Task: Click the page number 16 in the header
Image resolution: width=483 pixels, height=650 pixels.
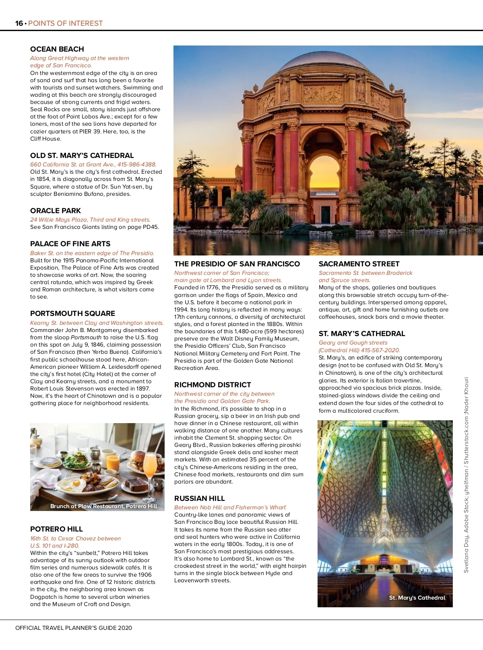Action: point(19,23)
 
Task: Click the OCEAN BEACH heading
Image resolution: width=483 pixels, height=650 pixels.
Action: point(57,49)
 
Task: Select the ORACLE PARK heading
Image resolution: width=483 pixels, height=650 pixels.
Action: point(56,211)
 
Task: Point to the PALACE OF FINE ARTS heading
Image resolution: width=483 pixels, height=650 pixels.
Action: point(70,244)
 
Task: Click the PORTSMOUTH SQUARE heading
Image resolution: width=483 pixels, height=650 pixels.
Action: point(72,314)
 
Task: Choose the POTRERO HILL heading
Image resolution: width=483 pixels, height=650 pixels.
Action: point(56,529)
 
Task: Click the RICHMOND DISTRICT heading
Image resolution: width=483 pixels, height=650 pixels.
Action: point(213,385)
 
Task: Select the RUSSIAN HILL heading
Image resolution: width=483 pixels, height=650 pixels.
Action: point(200,498)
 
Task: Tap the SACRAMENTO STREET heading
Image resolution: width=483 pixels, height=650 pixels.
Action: point(359,264)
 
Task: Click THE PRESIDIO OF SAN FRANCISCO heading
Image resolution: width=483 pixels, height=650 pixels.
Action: point(237,264)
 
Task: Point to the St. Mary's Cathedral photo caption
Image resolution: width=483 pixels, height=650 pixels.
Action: point(417,598)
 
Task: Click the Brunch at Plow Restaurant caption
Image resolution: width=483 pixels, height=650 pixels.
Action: point(103,506)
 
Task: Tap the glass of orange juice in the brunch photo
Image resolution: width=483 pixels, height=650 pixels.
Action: point(113,463)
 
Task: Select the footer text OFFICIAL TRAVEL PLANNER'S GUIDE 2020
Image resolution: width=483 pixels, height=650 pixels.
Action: point(74,628)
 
